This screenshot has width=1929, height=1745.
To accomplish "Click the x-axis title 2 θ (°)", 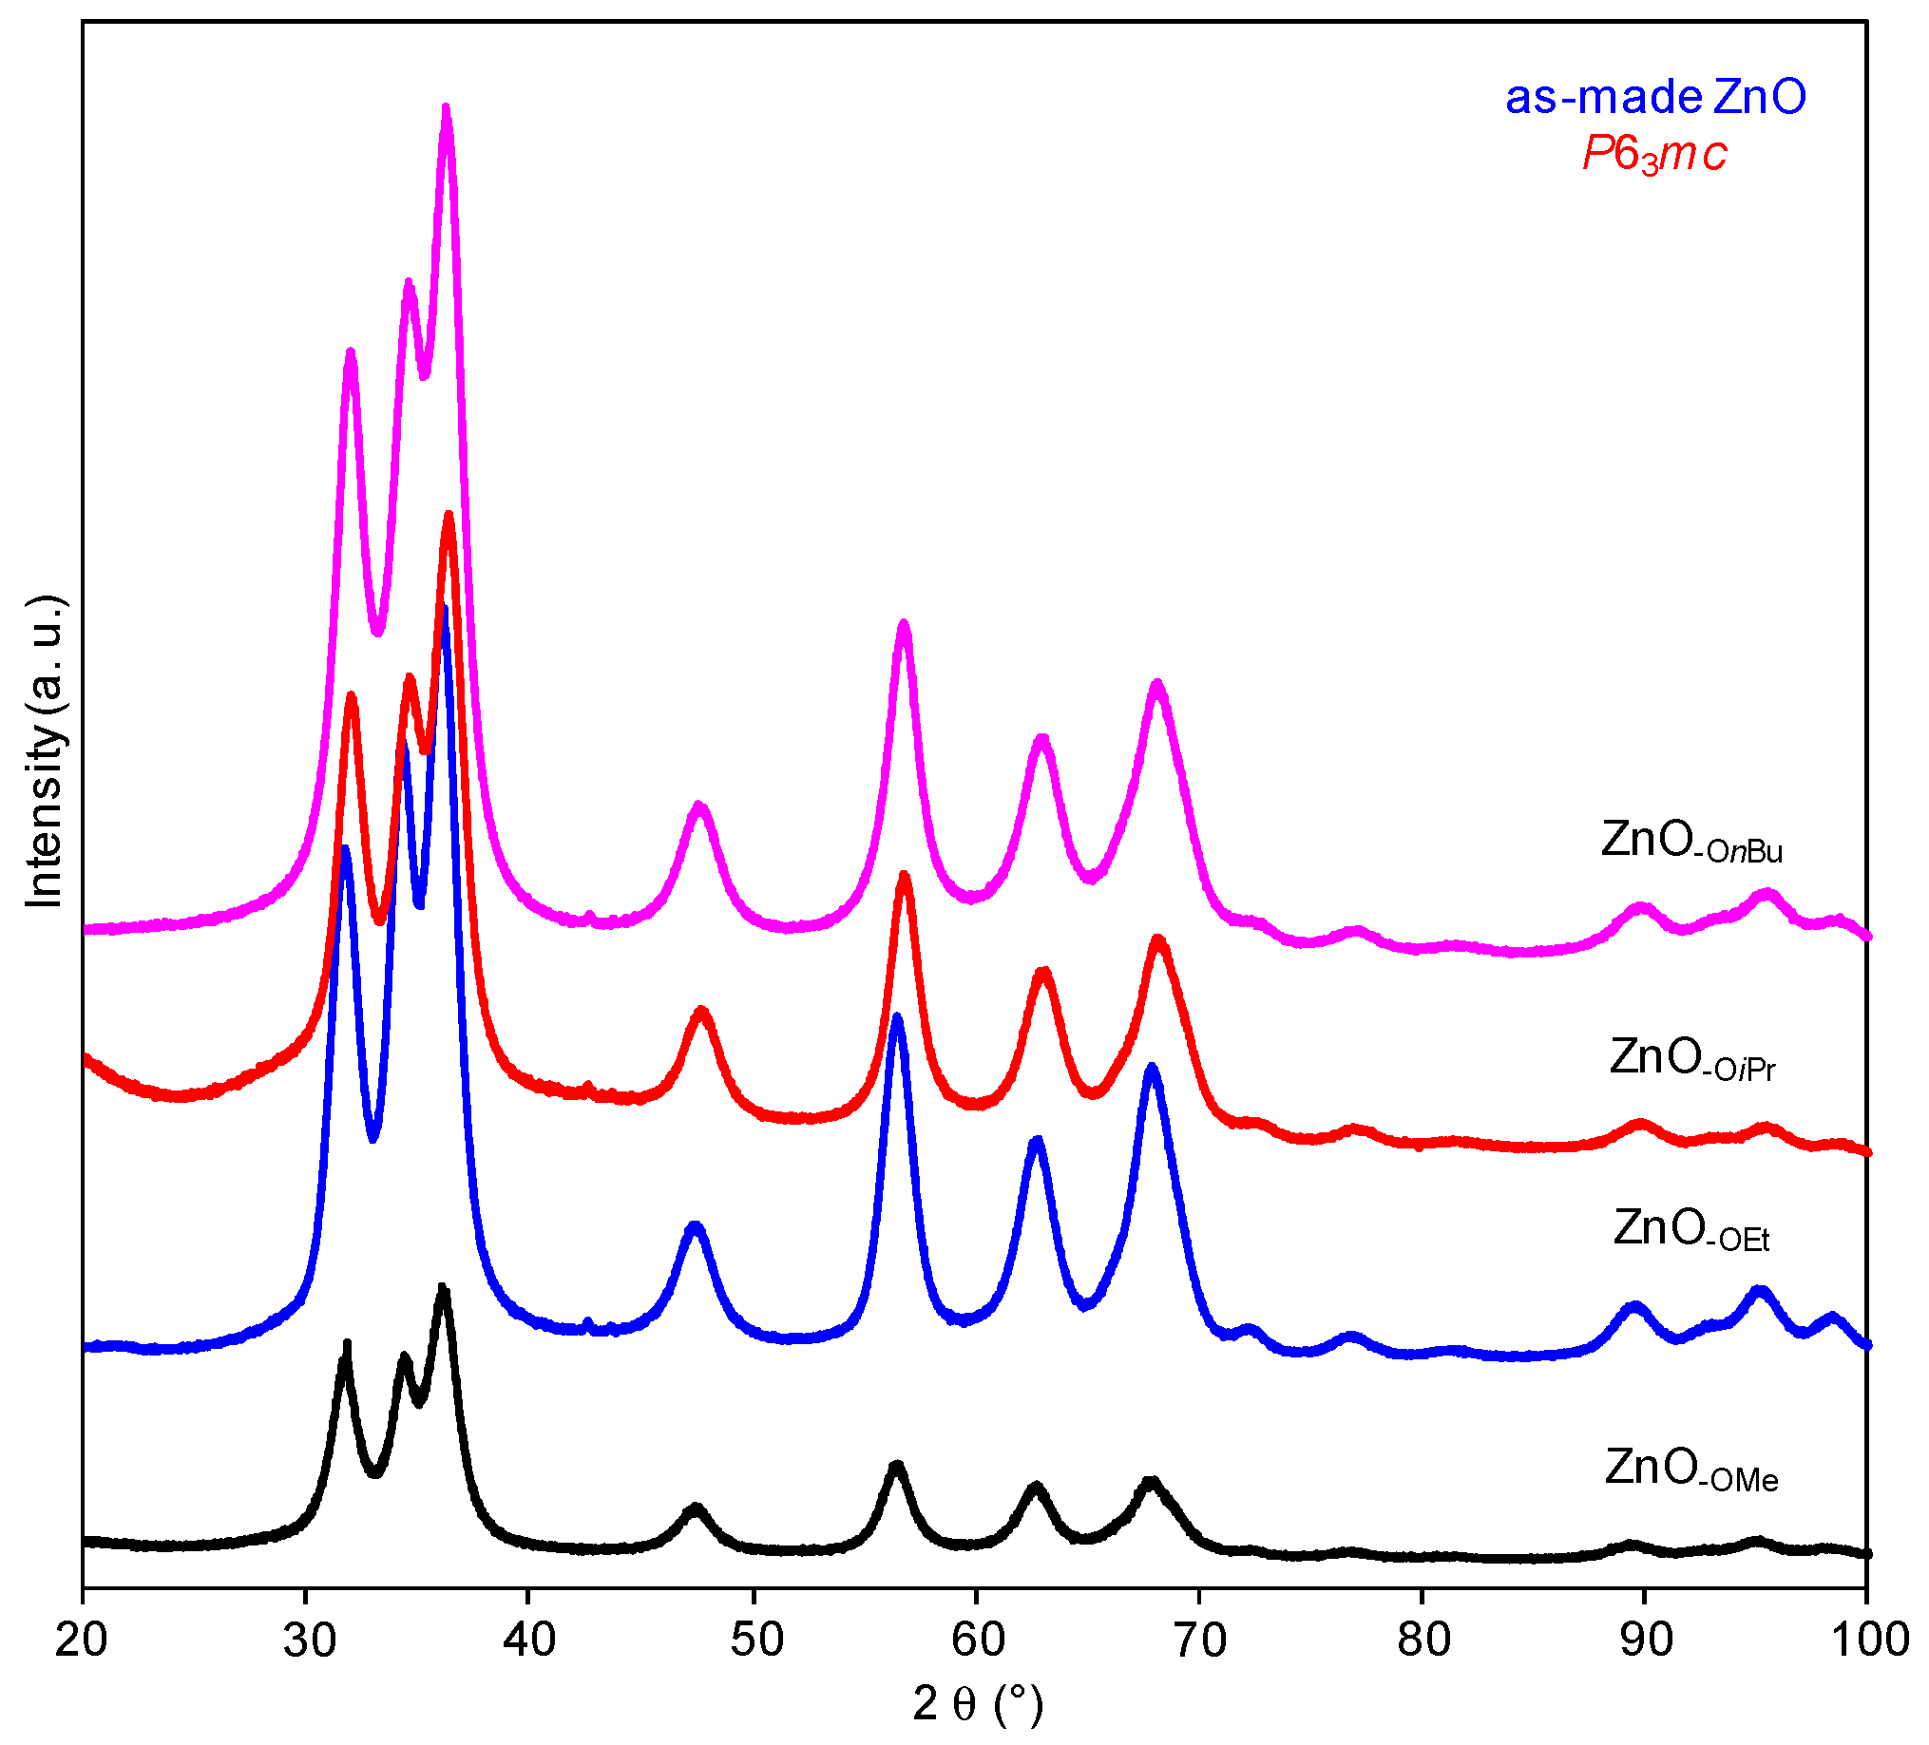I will coord(977,1704).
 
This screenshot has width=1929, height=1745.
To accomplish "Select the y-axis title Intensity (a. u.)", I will coord(44,751).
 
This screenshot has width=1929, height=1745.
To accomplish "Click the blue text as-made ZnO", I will coord(1655,98).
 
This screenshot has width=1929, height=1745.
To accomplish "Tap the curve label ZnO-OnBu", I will coord(1691,842).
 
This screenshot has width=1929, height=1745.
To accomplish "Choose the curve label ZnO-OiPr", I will coord(1691,1059).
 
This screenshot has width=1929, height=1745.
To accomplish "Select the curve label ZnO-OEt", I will coord(1691,1230).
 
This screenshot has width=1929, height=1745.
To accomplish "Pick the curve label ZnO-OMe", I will coord(1691,1470).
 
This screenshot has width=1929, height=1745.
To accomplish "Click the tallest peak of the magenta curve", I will coord(446,110).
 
